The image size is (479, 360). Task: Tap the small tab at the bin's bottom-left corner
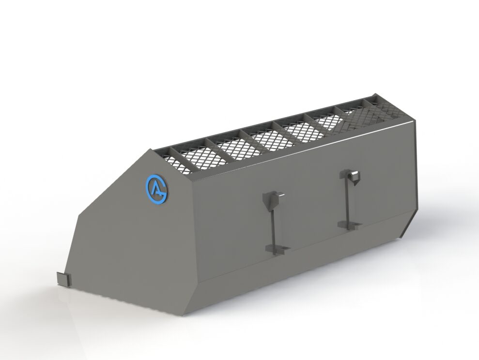click(63, 279)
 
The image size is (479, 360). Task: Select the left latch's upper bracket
click(270, 200)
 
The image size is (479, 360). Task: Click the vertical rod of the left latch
click(273, 228)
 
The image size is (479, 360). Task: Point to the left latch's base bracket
click(278, 248)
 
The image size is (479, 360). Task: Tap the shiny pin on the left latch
click(281, 195)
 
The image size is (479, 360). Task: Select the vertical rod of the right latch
click(347, 202)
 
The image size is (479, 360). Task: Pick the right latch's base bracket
click(350, 225)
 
